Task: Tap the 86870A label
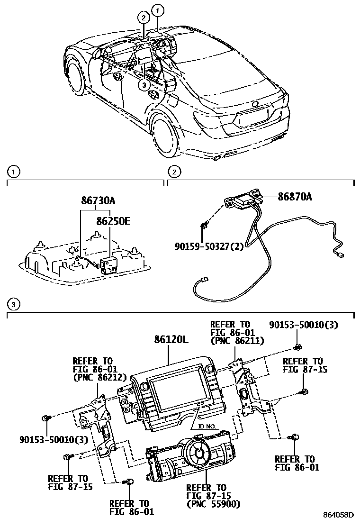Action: point(295,196)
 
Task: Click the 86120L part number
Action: point(171,339)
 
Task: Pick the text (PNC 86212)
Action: point(99,377)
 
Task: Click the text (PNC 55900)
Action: point(213,504)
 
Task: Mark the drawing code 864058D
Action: point(339,515)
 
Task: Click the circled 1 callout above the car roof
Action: point(159,9)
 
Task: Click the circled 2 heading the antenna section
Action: point(174,171)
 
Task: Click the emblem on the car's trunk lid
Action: point(256,104)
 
